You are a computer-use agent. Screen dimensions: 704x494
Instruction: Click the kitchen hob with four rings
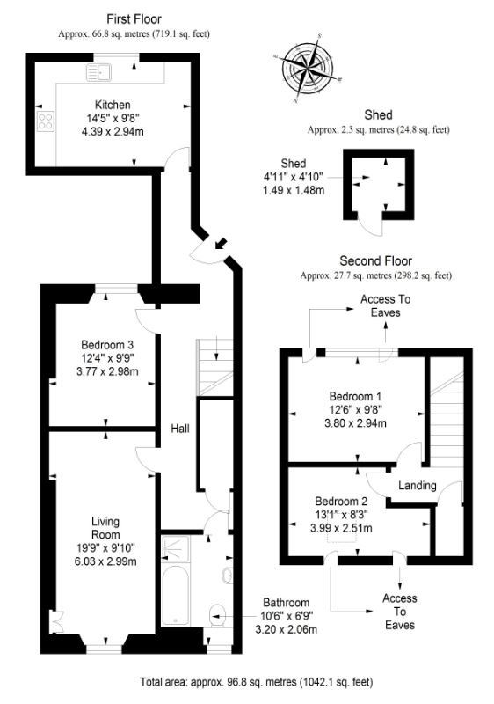pyautogui.click(x=44, y=122)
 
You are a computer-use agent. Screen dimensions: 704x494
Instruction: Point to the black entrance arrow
pyautogui.click(x=217, y=242)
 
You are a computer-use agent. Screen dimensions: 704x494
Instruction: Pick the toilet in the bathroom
pyautogui.click(x=217, y=613)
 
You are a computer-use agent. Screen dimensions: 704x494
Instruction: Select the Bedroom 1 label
pyautogui.click(x=357, y=395)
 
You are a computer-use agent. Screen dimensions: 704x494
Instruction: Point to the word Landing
pyautogui.click(x=417, y=486)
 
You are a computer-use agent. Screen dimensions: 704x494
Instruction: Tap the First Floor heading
pyautogui.click(x=134, y=18)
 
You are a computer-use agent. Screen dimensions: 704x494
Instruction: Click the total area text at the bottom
pyautogui.click(x=256, y=681)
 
